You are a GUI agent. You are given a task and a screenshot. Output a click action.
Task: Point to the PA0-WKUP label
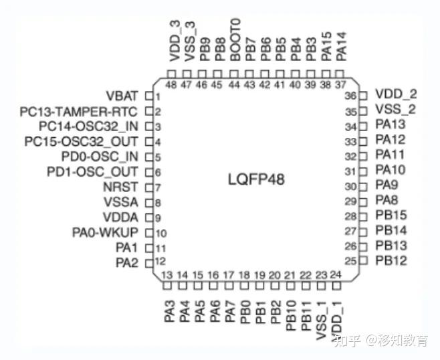[105, 233]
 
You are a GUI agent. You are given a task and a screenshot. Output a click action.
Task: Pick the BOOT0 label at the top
[234, 40]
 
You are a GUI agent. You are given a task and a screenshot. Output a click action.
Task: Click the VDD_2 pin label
[396, 94]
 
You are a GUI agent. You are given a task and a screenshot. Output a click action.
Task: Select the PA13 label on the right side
[391, 124]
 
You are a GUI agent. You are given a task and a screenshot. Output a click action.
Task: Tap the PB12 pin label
[391, 260]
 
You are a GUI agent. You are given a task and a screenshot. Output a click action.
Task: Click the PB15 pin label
[391, 215]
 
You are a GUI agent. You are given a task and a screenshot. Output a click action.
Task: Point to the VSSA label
[121, 202]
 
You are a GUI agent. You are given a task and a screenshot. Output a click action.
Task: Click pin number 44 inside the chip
[234, 85]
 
